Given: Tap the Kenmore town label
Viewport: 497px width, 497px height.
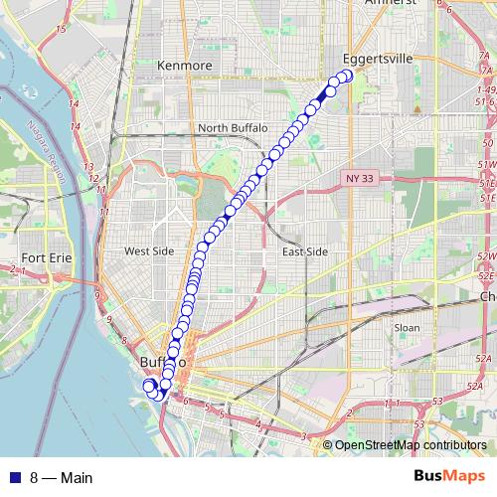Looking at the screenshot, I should click(185, 66).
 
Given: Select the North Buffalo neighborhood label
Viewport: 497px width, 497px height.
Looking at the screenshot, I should click(233, 127).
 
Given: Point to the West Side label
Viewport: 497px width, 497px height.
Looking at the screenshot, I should click(149, 251).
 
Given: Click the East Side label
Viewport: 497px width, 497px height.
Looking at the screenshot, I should click(304, 251).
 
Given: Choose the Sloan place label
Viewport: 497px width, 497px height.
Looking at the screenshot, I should click(407, 327).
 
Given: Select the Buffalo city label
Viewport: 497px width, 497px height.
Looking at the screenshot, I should click(162, 362).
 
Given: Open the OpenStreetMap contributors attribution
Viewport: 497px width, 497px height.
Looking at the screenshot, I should click(411, 446).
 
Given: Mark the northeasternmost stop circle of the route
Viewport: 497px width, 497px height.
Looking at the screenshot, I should click(347, 75).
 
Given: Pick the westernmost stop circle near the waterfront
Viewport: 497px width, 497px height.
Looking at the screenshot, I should click(148, 386).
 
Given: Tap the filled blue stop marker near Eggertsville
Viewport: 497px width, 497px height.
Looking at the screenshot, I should click(331, 90).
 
